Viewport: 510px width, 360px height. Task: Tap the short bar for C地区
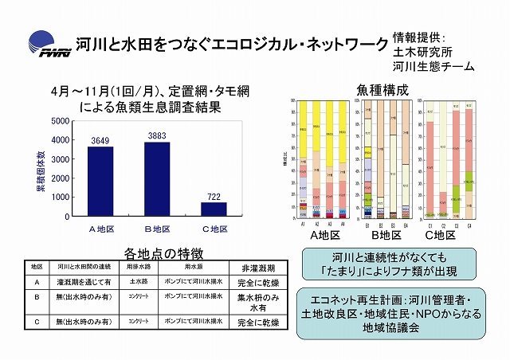click(213, 209)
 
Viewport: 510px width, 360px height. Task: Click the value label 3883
click(155, 136)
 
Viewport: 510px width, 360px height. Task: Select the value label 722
click(213, 196)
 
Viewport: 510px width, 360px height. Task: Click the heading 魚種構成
click(373, 90)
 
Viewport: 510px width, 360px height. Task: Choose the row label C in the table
click(37, 321)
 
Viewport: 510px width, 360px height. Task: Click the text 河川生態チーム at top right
click(433, 67)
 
